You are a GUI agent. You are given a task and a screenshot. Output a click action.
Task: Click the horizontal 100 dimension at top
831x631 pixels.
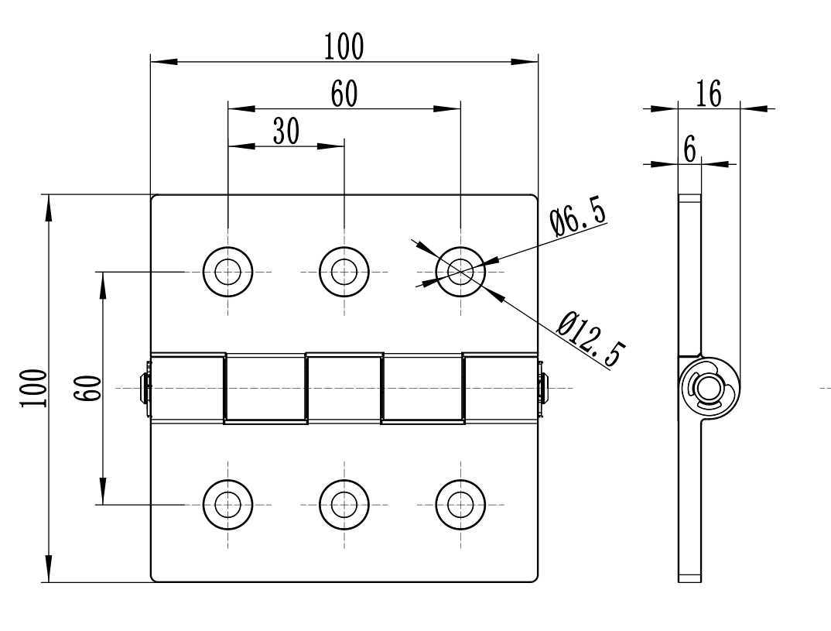click(344, 47)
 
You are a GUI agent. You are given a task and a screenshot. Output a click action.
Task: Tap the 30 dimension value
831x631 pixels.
click(286, 132)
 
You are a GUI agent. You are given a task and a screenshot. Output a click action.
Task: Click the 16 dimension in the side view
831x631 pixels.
click(708, 94)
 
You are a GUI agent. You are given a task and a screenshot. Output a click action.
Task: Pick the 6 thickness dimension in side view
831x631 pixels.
click(689, 148)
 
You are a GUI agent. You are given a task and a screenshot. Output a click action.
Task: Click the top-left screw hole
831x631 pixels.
click(227, 272)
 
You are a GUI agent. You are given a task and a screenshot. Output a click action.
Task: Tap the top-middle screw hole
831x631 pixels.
click(344, 272)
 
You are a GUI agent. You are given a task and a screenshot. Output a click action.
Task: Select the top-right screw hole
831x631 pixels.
click(460, 272)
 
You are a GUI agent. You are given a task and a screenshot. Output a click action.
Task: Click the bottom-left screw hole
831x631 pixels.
click(227, 504)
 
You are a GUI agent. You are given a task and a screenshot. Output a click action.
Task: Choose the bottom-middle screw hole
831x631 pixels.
click(344, 504)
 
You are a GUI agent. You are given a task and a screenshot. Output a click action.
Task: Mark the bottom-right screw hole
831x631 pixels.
click(460, 504)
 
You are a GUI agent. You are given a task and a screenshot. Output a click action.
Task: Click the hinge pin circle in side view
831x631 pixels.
click(707, 388)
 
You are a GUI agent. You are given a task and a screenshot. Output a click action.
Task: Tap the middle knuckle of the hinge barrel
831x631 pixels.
click(344, 387)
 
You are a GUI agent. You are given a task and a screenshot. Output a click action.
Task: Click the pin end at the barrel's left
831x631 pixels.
click(144, 387)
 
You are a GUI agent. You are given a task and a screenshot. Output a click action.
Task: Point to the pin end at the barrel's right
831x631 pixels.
click(543, 387)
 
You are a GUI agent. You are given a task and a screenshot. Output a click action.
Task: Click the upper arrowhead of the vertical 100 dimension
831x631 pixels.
click(49, 206)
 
